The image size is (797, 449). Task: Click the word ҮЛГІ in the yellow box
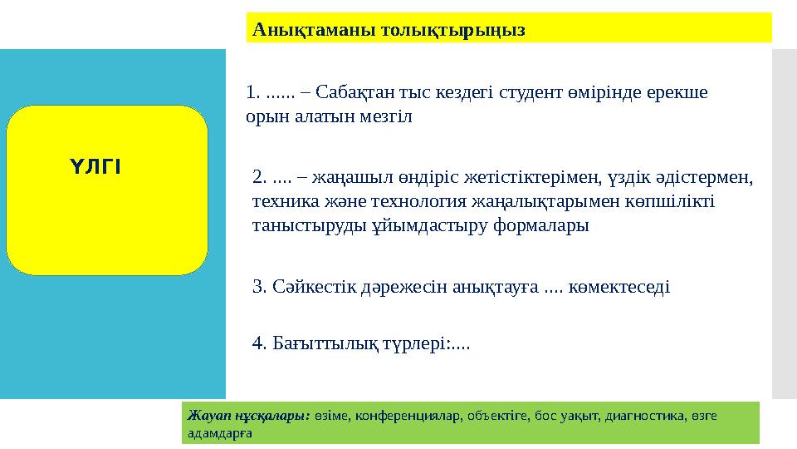click(96, 166)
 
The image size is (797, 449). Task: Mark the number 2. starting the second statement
click(258, 177)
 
